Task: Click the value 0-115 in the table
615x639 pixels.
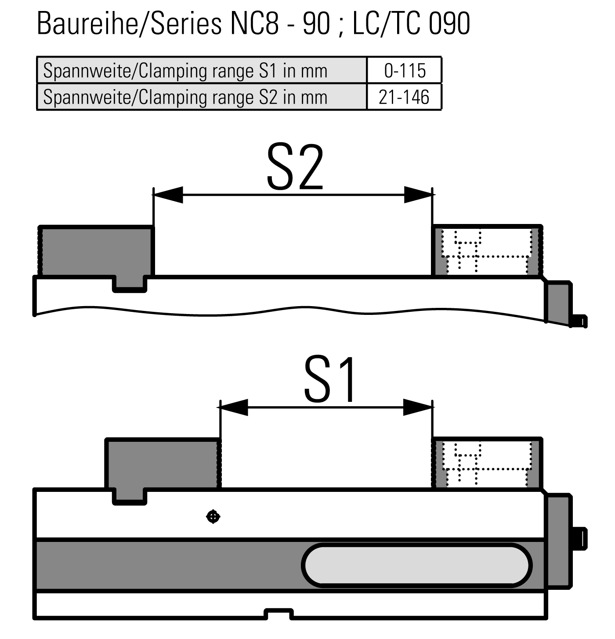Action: (x=405, y=71)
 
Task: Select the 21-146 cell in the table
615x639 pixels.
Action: (x=404, y=97)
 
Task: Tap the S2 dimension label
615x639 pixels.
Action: (x=295, y=167)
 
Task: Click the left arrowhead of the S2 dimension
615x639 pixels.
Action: (x=168, y=195)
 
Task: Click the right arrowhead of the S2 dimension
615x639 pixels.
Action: (x=418, y=195)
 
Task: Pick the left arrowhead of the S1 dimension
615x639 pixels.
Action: (x=234, y=408)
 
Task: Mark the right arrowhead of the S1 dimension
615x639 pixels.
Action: (x=418, y=408)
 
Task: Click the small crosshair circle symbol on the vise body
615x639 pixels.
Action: (x=213, y=517)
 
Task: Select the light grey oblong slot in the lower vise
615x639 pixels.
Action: (x=416, y=566)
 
